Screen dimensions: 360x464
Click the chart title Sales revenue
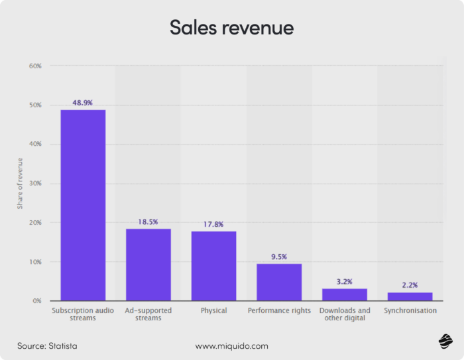231,28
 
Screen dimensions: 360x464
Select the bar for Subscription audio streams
83,205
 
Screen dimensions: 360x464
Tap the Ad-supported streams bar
148,265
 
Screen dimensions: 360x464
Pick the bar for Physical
213,266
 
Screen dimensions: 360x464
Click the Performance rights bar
279,282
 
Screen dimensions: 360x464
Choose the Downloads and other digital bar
345,294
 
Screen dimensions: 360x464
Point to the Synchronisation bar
410,296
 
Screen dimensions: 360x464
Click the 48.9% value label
83,103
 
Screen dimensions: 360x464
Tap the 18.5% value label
148,221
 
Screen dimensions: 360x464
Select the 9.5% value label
279,257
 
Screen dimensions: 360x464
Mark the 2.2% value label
410,285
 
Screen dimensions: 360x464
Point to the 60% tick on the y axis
35,66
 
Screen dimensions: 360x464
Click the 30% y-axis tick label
35,184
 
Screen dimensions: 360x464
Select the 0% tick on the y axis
37,301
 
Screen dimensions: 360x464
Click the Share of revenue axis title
20,184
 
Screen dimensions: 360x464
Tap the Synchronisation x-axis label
410,310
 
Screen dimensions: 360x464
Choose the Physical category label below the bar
213,310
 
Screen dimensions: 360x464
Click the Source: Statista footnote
48,345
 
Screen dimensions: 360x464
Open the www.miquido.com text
231,345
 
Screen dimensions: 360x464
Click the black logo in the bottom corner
445,341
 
